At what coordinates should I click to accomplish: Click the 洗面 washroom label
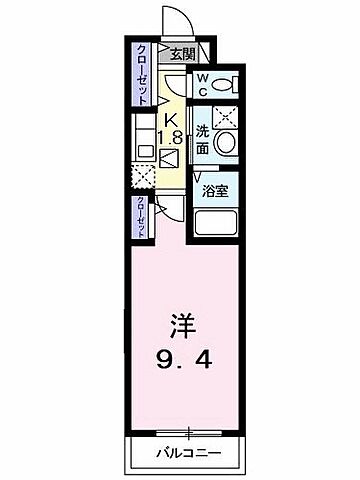click(x=202, y=138)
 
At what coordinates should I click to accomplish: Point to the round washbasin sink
click(x=225, y=143)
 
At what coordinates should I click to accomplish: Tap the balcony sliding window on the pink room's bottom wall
click(x=187, y=432)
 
